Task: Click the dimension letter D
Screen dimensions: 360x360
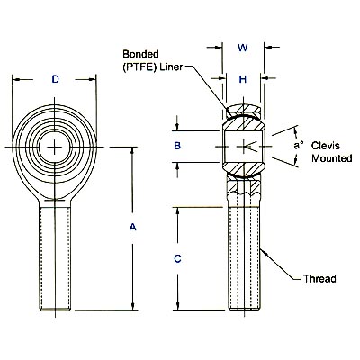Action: (x=56, y=79)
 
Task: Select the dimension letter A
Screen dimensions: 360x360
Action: (x=132, y=227)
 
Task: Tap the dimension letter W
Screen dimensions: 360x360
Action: (x=243, y=48)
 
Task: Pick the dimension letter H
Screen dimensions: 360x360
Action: (x=243, y=79)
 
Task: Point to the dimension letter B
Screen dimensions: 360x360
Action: (x=177, y=146)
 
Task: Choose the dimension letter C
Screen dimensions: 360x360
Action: (x=177, y=258)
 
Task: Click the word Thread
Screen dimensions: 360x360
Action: (x=319, y=279)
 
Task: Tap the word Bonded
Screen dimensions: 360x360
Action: (x=140, y=54)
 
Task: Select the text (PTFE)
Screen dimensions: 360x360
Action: (x=140, y=67)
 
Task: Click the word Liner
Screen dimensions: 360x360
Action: (x=171, y=67)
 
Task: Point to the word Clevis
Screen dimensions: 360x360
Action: (x=326, y=146)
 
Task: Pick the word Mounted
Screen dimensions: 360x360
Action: (x=332, y=158)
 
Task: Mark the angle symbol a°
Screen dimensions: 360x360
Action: (x=298, y=146)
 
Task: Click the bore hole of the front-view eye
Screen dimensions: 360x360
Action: (x=55, y=147)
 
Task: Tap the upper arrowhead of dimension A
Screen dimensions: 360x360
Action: (x=132, y=150)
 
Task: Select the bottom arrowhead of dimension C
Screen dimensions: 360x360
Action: (x=177, y=306)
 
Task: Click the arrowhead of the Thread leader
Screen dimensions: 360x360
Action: (x=264, y=252)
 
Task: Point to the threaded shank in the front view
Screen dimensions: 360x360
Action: (x=55, y=258)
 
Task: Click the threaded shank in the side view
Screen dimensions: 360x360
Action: (x=244, y=258)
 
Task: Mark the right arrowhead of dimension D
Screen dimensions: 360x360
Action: (x=93, y=79)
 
